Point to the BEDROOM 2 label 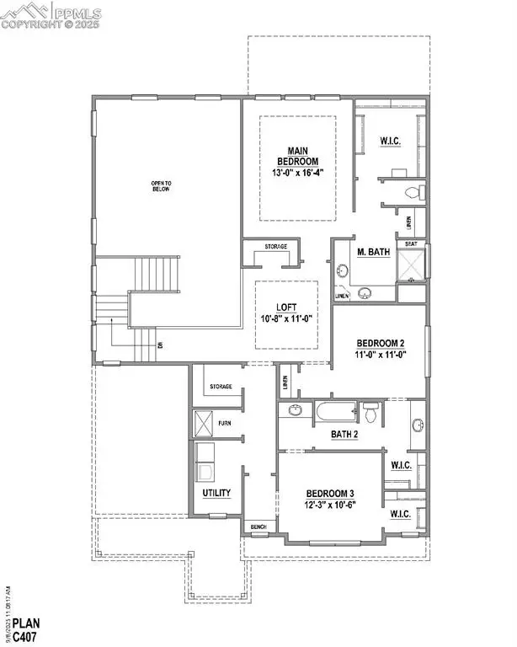click(381, 343)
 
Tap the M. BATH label click(371, 252)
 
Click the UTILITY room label click(217, 493)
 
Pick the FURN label click(225, 422)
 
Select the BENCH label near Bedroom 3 click(258, 527)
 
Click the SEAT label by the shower click(411, 243)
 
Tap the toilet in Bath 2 click(370, 411)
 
